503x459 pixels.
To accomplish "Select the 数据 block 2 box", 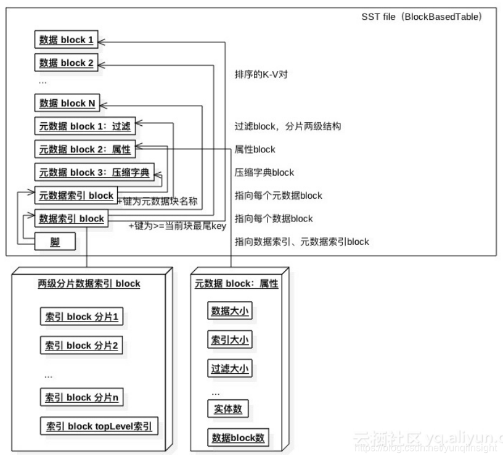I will (67, 62).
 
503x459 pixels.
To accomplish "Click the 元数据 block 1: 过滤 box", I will (84, 126).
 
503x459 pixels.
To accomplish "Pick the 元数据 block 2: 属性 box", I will (84, 149).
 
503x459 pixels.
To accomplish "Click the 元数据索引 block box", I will (76, 196).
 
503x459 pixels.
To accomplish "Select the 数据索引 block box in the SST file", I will (72, 218).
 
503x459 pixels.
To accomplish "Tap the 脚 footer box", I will (55, 242).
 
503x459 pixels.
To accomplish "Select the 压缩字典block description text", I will (264, 173).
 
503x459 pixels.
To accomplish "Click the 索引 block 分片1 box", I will (82, 317).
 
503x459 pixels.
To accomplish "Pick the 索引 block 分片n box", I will (82, 397).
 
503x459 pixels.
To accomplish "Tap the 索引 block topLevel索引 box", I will (99, 426).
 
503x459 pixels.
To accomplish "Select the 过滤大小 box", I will (230, 370).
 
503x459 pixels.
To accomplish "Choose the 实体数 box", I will (230, 409).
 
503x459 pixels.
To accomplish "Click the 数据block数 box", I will (238, 438).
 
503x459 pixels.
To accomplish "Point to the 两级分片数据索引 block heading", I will (89, 284).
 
